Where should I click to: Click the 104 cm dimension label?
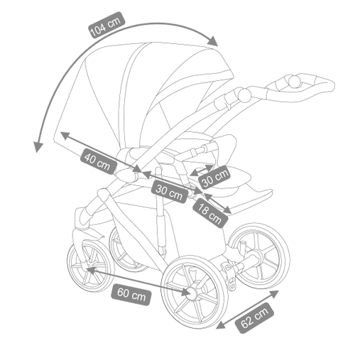tap(107, 25)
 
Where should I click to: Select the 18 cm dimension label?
tap(210, 213)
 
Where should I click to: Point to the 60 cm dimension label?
tap(131, 294)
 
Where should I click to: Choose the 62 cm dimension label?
tap(255, 318)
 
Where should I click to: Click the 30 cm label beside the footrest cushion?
tap(215, 178)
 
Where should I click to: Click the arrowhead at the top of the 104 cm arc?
tap(212, 41)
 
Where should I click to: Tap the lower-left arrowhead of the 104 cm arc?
tap(38, 147)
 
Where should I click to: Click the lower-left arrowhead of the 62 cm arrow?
tap(221, 325)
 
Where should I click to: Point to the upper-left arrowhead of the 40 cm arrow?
tap(65, 136)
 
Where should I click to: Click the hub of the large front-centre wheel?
tap(192, 294)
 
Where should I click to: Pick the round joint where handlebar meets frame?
tap(244, 95)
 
